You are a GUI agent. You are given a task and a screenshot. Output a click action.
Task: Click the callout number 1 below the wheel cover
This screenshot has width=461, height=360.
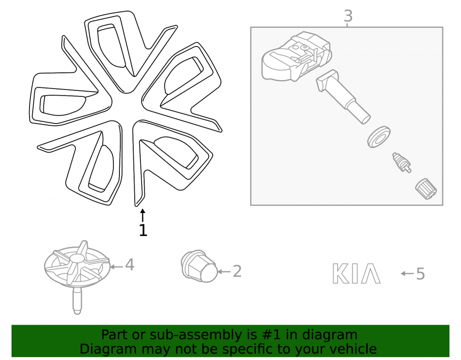[143, 230]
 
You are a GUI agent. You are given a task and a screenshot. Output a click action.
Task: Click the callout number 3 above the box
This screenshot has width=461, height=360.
[348, 16]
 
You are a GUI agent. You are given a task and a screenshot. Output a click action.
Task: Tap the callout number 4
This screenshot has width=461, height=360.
[130, 265]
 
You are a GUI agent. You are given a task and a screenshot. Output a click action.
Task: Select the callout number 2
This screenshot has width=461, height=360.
[237, 271]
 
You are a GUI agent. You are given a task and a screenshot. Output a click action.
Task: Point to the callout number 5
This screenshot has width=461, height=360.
[420, 274]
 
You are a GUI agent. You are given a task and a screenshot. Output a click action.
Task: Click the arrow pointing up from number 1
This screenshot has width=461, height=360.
[142, 215]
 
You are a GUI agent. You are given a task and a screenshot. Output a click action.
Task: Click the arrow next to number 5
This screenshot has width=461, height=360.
[407, 274]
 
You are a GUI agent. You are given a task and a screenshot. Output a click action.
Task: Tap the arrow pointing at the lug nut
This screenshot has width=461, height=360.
[224, 271]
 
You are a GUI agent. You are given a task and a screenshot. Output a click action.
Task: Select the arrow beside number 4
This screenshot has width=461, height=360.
[116, 266]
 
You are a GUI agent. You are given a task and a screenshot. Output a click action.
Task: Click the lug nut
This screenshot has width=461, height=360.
[199, 266]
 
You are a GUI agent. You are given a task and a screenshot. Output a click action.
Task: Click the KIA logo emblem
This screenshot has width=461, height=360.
[356, 274]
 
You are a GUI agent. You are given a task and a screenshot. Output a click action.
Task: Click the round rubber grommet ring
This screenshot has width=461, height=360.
[379, 137]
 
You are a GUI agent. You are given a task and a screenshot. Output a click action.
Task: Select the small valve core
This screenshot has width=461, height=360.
[402, 163]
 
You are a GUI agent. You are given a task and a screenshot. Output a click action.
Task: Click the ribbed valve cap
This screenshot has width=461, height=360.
[426, 189]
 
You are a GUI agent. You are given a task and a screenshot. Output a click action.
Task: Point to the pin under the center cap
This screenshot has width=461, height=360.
[77, 301]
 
